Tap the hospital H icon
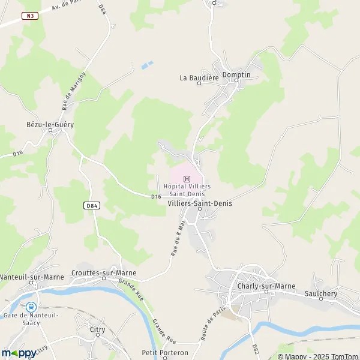(x=187, y=178)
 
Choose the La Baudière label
(x=196, y=77)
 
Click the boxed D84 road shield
(x=91, y=205)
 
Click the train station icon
(x=31, y=307)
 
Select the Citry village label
(x=97, y=329)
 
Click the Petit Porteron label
(x=165, y=352)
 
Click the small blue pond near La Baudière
(x=147, y=64)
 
